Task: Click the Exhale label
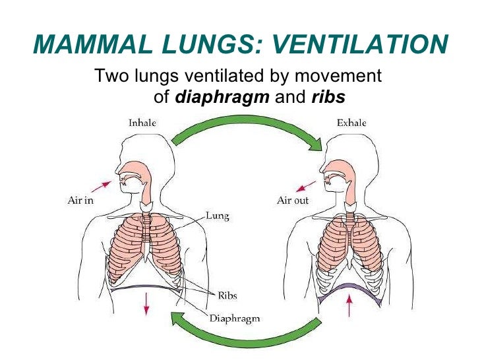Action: click(351, 123)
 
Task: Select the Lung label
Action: click(217, 216)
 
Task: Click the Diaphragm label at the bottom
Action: click(235, 318)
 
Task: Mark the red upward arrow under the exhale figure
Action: click(349, 304)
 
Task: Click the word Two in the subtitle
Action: click(109, 76)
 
